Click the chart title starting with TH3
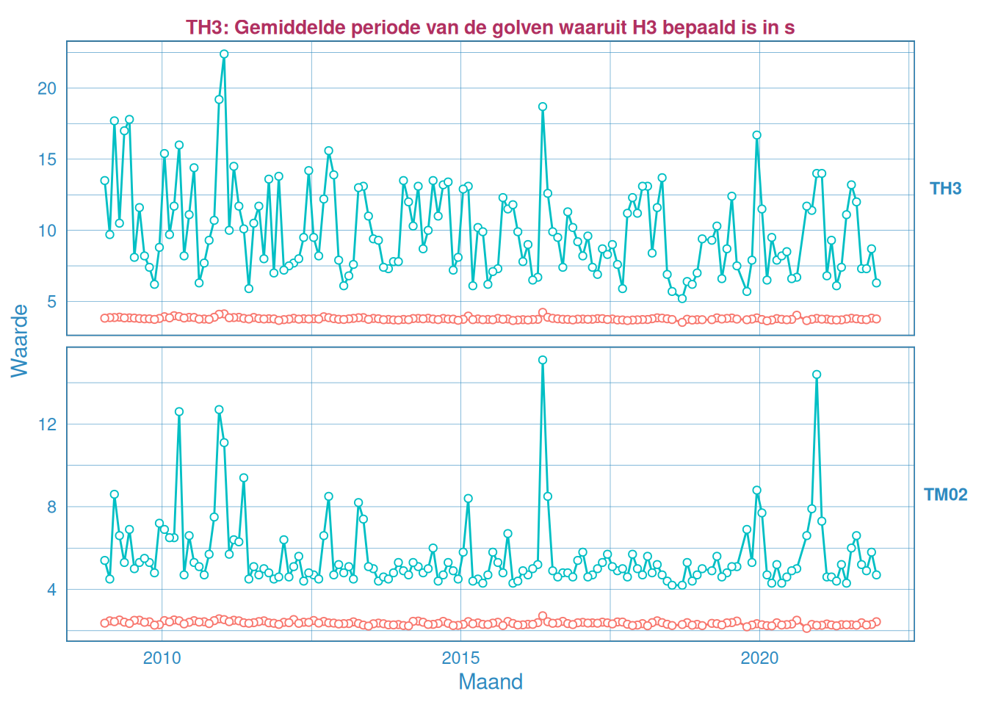tap(490, 28)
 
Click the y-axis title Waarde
tap(20, 341)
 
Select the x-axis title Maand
tap(490, 681)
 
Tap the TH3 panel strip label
tap(945, 189)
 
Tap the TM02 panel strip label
tap(945, 494)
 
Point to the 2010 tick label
tap(162, 658)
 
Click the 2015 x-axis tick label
tap(460, 658)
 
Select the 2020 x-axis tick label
tap(759, 658)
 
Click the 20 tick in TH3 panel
tap(46, 88)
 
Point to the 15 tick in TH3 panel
tap(46, 159)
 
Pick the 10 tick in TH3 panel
tap(46, 231)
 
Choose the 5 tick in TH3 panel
tap(51, 302)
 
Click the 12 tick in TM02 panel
tap(46, 424)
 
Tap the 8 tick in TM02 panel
tap(51, 507)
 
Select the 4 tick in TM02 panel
tap(51, 590)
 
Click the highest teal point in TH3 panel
tap(224, 54)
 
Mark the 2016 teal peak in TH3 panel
tap(543, 106)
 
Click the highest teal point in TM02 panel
tap(543, 360)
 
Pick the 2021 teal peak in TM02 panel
tap(817, 375)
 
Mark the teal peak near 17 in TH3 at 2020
tap(756, 135)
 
